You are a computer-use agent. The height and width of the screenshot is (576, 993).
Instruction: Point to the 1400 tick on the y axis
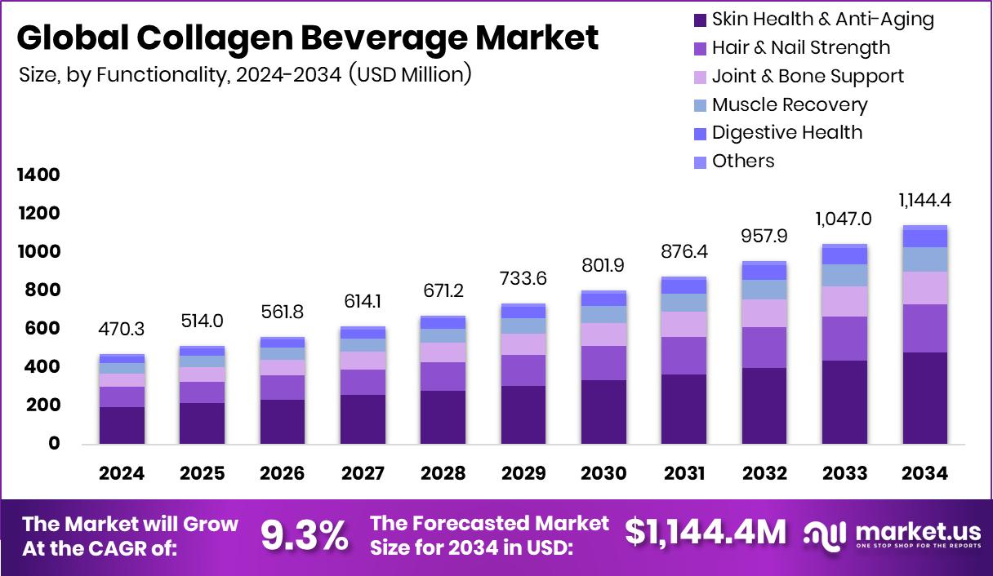click(x=38, y=175)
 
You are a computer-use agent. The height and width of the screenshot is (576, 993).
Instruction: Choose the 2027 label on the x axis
click(x=363, y=473)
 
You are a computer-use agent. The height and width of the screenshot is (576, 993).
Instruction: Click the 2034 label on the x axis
click(x=925, y=473)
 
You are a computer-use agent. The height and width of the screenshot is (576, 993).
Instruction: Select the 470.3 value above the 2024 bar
click(x=122, y=329)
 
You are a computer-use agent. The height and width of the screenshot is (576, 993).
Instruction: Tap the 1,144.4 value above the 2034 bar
click(x=925, y=201)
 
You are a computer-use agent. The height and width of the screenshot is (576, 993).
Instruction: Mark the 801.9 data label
click(x=603, y=265)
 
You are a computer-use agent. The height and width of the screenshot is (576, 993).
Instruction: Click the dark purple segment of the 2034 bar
click(x=925, y=398)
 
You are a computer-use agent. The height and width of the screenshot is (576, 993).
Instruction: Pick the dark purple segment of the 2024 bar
click(x=122, y=425)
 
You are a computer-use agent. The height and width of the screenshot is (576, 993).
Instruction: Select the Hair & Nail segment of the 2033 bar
click(x=844, y=339)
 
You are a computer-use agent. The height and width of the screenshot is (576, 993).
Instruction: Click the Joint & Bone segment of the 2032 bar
click(x=764, y=313)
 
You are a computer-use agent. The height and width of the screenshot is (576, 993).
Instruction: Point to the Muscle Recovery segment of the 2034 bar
click(x=925, y=259)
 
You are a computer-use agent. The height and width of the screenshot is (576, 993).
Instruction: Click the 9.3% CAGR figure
click(x=304, y=534)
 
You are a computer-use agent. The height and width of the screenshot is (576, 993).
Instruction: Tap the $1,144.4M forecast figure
click(x=706, y=533)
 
